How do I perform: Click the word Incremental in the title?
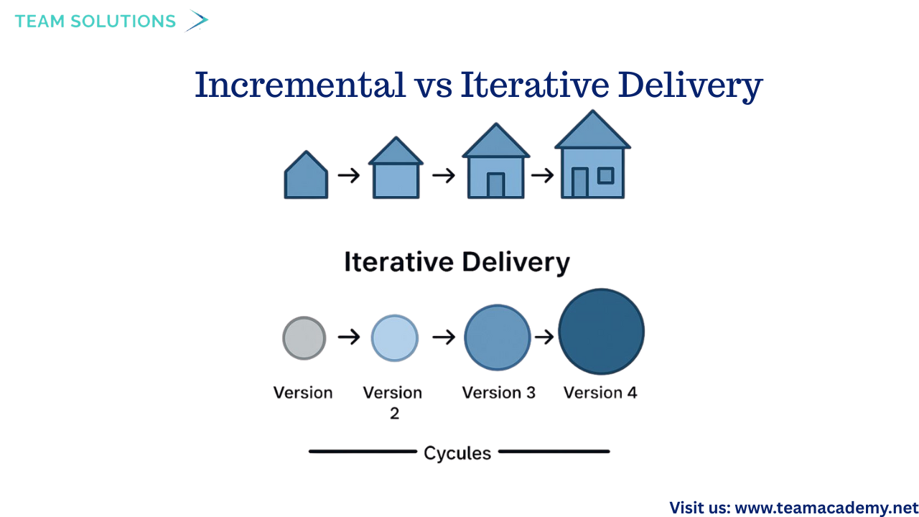click(300, 85)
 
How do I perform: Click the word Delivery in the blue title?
click(690, 85)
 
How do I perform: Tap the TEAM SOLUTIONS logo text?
click(95, 22)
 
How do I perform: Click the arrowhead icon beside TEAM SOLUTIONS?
click(195, 21)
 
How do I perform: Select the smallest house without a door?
click(306, 176)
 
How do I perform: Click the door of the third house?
click(495, 185)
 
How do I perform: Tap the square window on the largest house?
click(606, 175)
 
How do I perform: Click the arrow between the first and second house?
click(349, 175)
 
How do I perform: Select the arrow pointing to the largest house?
click(543, 175)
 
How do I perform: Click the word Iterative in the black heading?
click(399, 261)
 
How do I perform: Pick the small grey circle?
click(304, 337)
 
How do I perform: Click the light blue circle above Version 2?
click(394, 337)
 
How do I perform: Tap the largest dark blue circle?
click(601, 332)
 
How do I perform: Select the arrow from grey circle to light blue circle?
click(349, 337)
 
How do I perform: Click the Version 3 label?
click(498, 393)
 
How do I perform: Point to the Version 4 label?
click(600, 393)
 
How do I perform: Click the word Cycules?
click(457, 453)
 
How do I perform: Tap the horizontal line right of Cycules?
click(554, 452)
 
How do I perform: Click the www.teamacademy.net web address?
click(826, 508)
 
